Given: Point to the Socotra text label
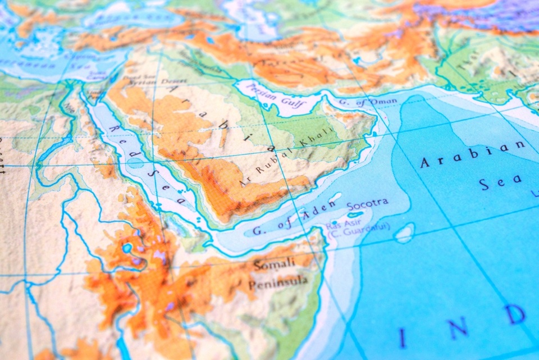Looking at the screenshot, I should point(367,204).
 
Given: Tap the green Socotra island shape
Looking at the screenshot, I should point(355,215).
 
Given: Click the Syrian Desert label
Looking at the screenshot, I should point(149,82).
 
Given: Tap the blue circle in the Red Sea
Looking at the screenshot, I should point(135,163).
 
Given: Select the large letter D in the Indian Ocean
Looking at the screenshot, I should point(514,315).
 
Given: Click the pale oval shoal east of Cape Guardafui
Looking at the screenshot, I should point(404,233).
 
